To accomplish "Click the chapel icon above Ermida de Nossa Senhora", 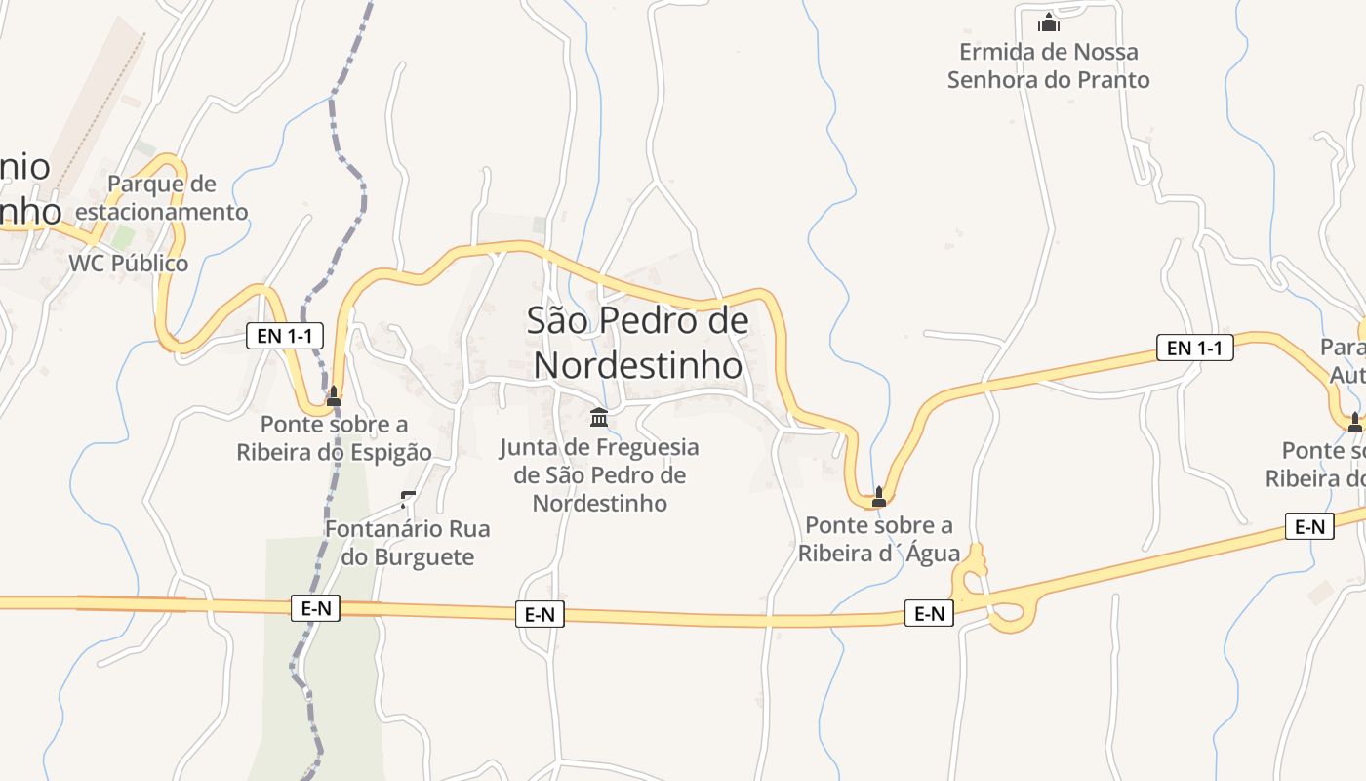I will point(1049,22).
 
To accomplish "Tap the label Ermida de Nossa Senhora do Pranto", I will point(1049,65).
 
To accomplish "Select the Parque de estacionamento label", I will point(162,197).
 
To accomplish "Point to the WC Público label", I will point(128,264).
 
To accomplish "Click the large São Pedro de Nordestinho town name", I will point(638,343).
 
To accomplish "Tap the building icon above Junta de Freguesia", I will point(599,418).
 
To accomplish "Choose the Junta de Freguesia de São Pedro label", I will point(600,475).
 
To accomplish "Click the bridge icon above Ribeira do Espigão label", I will point(334,396).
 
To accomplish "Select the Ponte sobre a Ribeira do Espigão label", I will point(334,438).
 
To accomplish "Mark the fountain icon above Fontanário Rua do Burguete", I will point(408,500).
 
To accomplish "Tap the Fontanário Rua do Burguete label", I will point(407,543).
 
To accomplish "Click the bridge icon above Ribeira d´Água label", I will point(878,496).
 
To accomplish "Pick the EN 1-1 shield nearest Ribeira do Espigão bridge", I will point(284,336).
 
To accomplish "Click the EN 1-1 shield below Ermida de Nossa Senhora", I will point(1194,347).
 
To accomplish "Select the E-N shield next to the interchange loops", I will point(929,613).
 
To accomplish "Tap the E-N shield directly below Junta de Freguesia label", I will point(540,614).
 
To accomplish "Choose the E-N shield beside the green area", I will point(316,608).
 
